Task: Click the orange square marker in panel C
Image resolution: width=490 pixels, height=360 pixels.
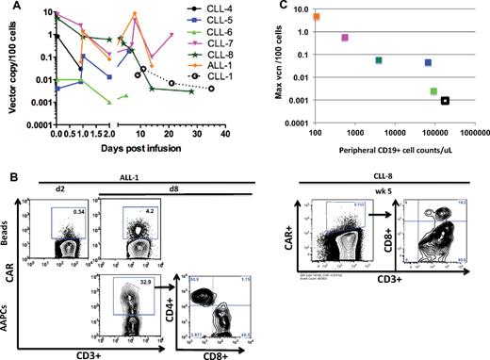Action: (x=316, y=17)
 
